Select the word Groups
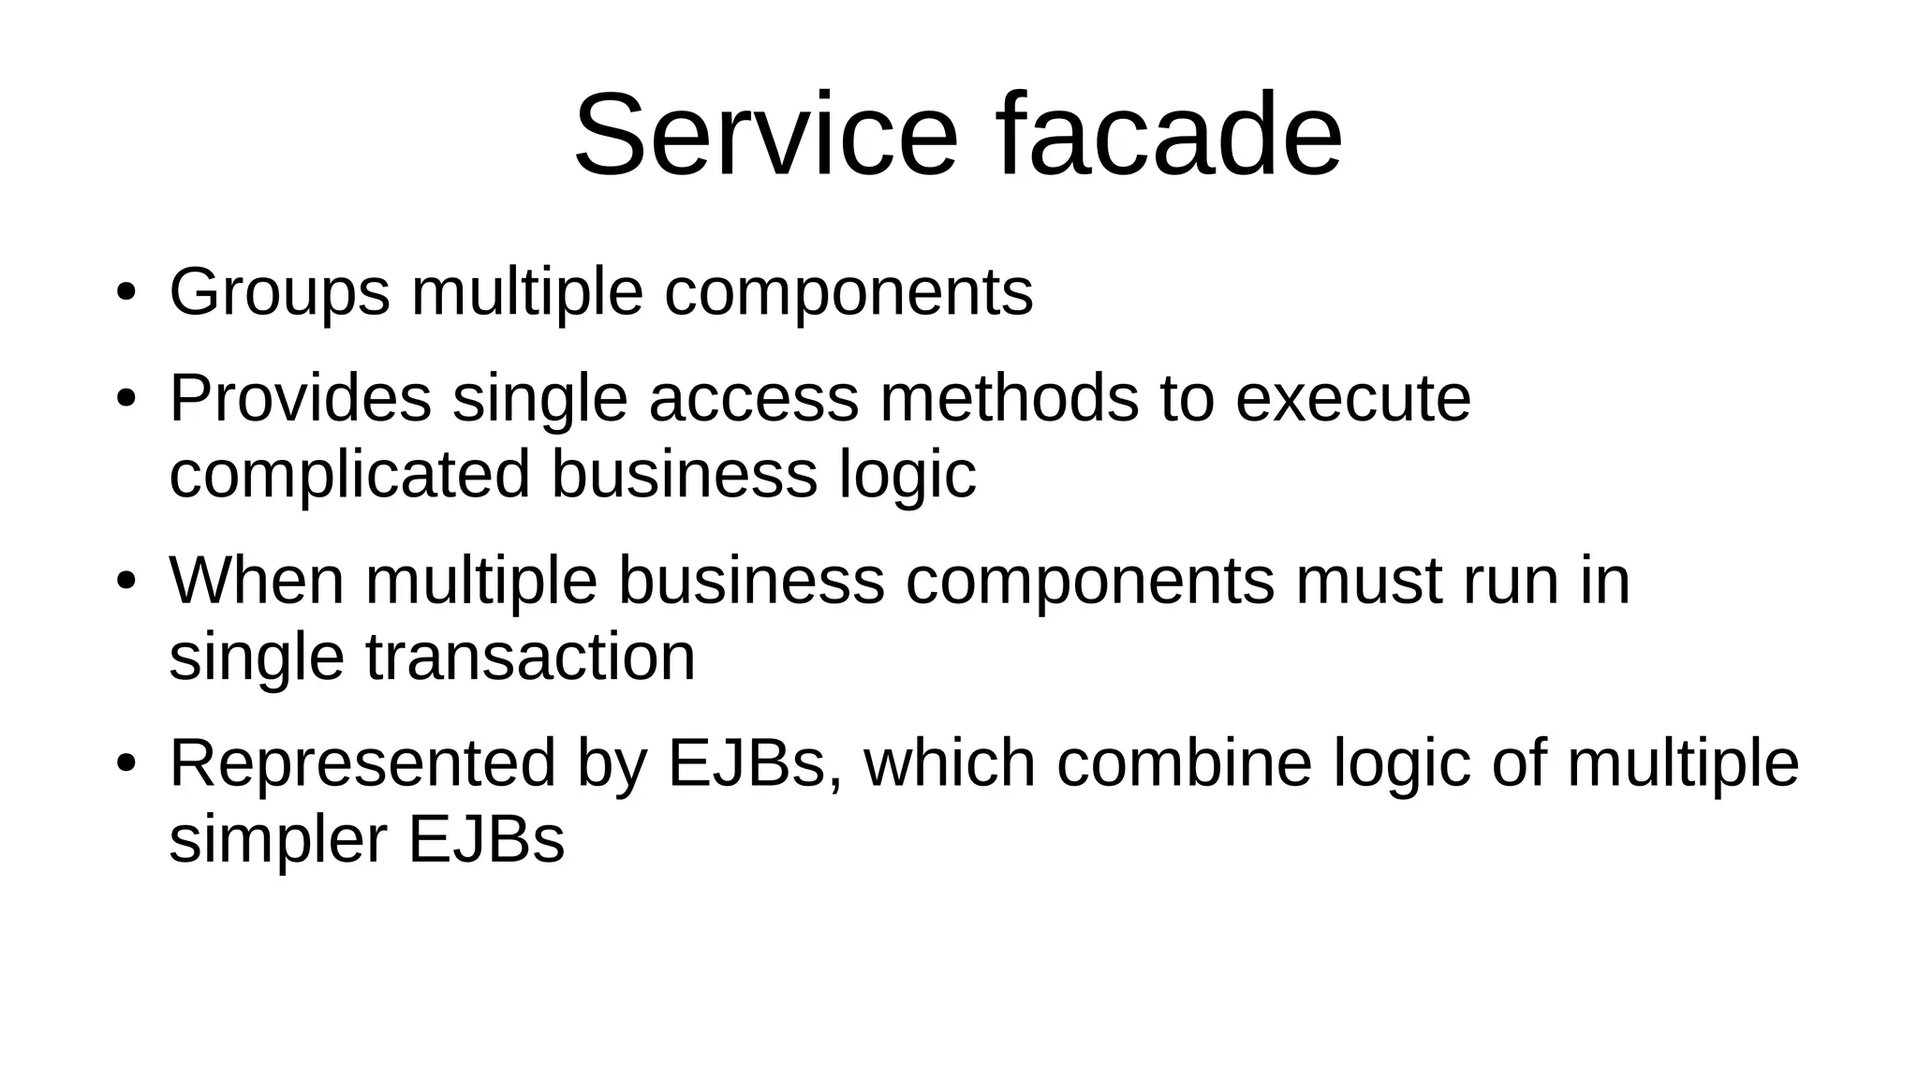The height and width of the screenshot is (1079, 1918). (x=279, y=293)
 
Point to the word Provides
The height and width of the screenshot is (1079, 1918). (x=300, y=398)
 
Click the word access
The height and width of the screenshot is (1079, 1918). (x=753, y=398)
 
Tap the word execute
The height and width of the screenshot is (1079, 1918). (x=1353, y=398)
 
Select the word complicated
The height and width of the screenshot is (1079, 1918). (x=349, y=474)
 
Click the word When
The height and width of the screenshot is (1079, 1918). (x=257, y=581)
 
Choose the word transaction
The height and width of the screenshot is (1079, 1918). (x=530, y=657)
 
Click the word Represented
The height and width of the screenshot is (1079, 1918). (x=362, y=762)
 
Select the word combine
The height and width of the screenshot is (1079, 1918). (x=1184, y=762)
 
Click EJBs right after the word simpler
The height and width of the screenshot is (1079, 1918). (x=486, y=839)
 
